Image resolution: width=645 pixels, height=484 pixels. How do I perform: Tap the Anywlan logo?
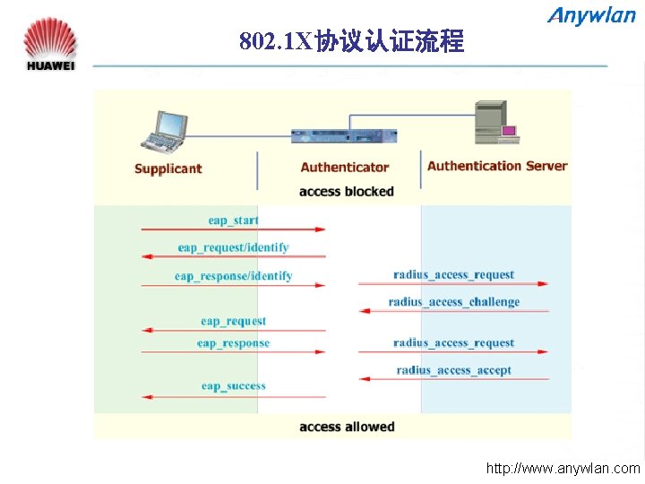coord(591,15)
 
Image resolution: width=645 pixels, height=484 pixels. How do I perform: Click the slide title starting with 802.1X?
coord(351,41)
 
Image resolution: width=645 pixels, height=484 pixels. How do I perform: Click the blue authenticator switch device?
coord(345,136)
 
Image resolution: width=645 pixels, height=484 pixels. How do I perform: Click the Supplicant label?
coord(168,169)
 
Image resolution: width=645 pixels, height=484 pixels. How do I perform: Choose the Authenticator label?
coord(345,167)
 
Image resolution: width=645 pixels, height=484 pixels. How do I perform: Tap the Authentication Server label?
coord(497,166)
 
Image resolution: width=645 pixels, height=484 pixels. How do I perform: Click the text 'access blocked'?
coord(346,191)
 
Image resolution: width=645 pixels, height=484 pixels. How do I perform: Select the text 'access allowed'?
coord(347,427)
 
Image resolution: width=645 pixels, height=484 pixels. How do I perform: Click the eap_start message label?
coord(233,220)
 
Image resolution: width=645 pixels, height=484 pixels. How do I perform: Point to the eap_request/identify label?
coord(233,247)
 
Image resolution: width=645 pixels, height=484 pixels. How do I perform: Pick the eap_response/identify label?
coord(233,276)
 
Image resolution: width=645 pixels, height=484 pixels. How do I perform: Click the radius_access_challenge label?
coord(454,302)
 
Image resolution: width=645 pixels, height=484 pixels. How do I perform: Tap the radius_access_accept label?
coord(454,370)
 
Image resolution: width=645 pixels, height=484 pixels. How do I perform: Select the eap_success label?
coord(233,386)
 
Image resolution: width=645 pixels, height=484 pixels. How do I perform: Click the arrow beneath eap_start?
coord(233,229)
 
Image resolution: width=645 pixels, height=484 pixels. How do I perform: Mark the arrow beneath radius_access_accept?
coord(454,379)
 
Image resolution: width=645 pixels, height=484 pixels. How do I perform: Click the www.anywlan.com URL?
coord(563,468)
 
